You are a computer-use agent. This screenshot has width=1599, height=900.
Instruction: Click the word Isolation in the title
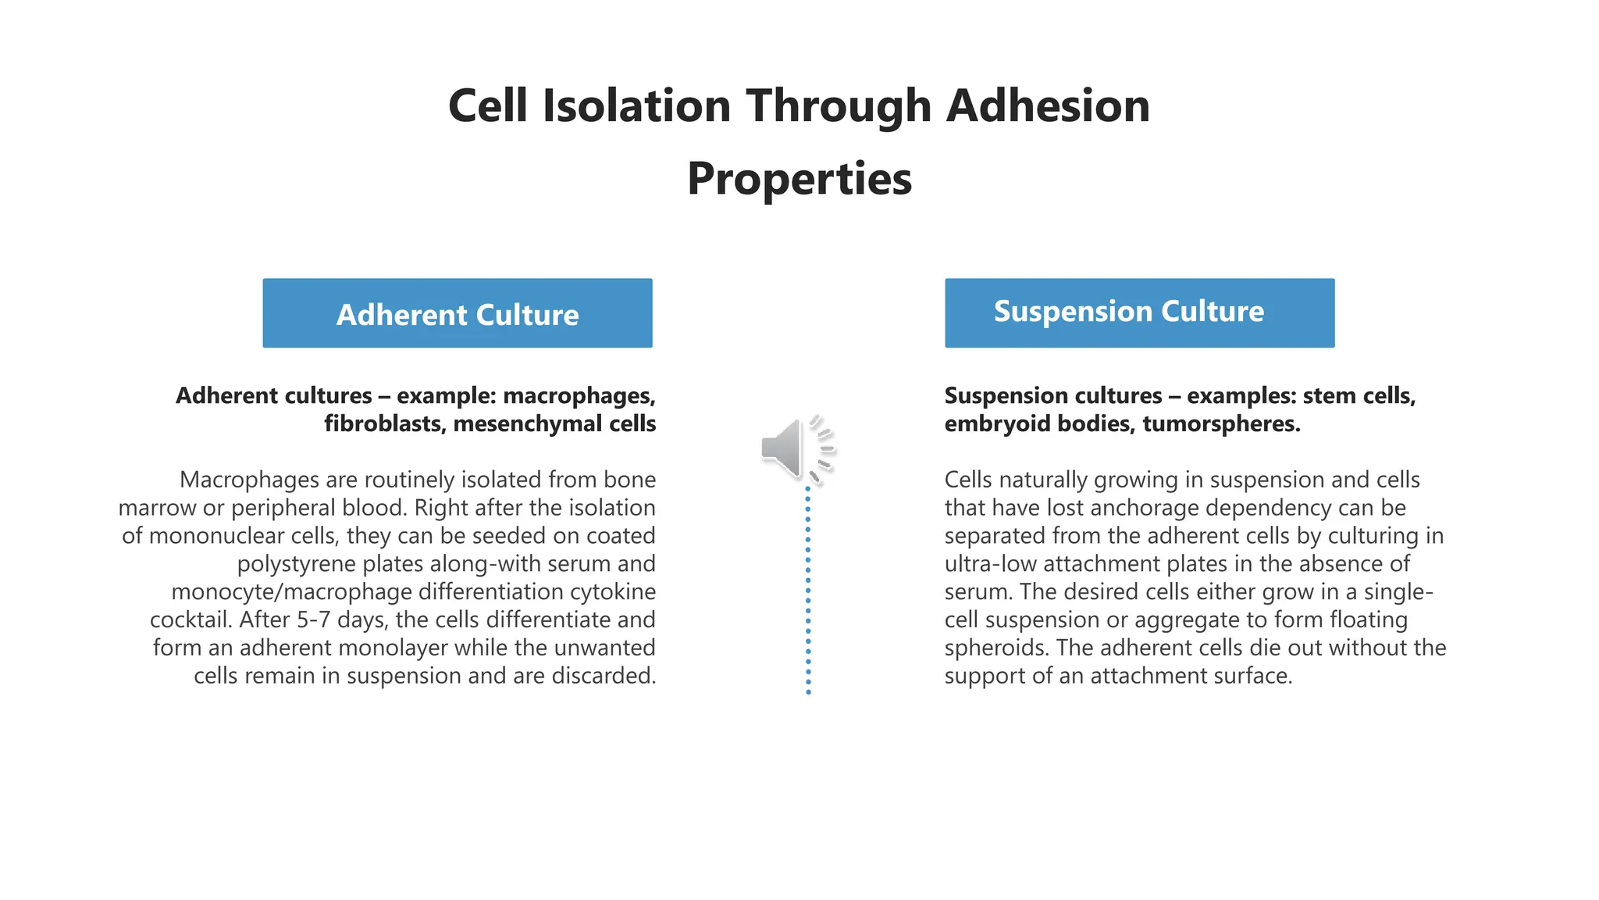pos(636,105)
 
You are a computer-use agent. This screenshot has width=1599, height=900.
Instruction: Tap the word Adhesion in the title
pos(1048,105)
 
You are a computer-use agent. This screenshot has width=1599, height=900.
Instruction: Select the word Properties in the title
pos(799,179)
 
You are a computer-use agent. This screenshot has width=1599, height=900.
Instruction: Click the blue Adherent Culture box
pos(458,313)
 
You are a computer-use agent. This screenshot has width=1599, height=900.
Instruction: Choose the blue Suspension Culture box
pos(1139,313)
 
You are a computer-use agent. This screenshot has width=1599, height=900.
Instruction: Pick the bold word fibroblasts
pos(384,424)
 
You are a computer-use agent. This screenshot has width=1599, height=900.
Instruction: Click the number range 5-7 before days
pos(314,620)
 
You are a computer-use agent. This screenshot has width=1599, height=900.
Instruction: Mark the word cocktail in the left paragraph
pos(191,620)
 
